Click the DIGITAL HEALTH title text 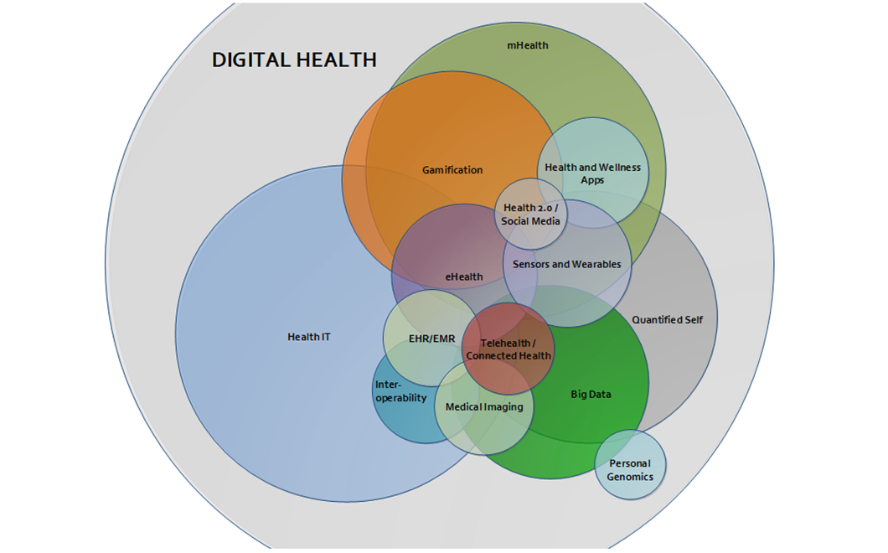tap(294, 60)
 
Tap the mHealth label tap(527, 45)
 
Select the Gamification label tap(452, 170)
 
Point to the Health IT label tap(308, 337)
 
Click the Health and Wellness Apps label tap(592, 173)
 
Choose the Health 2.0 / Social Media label tap(530, 214)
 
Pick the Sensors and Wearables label tap(567, 264)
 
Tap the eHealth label tap(464, 277)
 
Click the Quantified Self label tap(667, 320)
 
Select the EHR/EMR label tap(431, 339)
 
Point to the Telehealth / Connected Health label tap(508, 349)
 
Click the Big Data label tap(591, 395)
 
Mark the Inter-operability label tap(400, 391)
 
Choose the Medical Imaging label tap(484, 407)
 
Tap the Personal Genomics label tap(630, 470)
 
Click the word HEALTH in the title tap(337, 60)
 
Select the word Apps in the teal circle tap(592, 180)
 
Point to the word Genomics tap(630, 477)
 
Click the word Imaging tap(504, 407)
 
